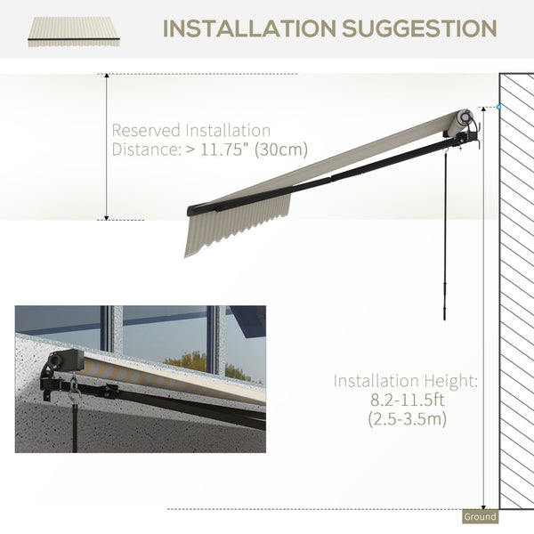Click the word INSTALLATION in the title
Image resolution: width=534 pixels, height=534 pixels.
pyautogui.click(x=250, y=28)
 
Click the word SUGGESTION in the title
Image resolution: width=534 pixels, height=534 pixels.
pyautogui.click(x=419, y=28)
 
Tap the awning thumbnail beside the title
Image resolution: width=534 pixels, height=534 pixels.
pyautogui.click(x=74, y=32)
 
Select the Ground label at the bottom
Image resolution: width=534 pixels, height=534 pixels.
pyautogui.click(x=480, y=516)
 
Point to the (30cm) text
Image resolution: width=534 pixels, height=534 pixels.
pyautogui.click(x=281, y=150)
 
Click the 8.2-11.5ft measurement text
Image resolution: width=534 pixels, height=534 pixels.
pyautogui.click(x=407, y=400)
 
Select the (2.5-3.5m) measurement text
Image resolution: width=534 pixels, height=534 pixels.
pyautogui.click(x=407, y=418)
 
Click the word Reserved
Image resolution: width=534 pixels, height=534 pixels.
pyautogui.click(x=146, y=130)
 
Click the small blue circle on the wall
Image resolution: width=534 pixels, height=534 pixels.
pyautogui.click(x=498, y=107)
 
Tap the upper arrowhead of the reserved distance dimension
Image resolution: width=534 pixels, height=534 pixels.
pyautogui.click(x=107, y=76)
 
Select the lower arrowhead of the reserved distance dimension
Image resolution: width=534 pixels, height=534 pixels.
pyautogui.click(x=107, y=218)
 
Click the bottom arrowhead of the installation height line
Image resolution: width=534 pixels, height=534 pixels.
pyautogui.click(x=483, y=506)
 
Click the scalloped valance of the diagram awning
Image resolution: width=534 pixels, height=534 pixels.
pyautogui.click(x=237, y=225)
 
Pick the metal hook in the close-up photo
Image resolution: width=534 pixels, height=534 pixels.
pyautogui.click(x=74, y=389)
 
